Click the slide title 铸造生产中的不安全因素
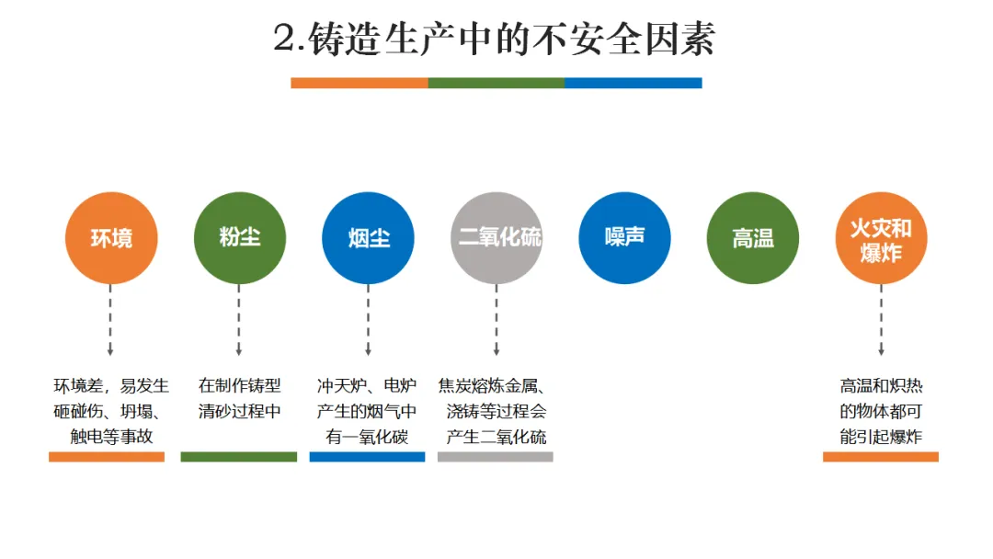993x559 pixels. tap(495, 39)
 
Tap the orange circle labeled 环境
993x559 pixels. tap(110, 238)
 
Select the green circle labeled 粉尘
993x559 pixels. tap(239, 238)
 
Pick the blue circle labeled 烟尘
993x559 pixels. tap(368, 238)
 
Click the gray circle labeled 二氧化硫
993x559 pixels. tap(496, 238)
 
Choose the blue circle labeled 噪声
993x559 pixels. tap(624, 238)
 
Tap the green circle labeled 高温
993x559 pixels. tap(752, 238)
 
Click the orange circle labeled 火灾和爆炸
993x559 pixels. tap(881, 238)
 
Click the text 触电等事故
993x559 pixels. tap(111, 437)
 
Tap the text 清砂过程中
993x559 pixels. tap(239, 411)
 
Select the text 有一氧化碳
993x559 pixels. tap(367, 437)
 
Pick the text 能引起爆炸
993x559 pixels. tap(880, 437)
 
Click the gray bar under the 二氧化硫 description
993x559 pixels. tap(496, 456)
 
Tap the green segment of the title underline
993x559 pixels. tap(496, 83)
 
